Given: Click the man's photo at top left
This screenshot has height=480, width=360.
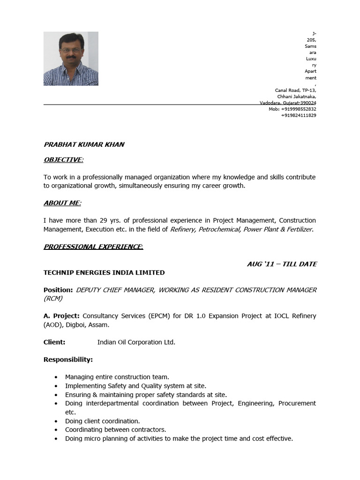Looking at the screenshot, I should click(71, 59).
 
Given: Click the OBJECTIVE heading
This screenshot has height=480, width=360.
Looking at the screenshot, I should click(63, 160).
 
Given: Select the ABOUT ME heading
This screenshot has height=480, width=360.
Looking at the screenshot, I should click(62, 203).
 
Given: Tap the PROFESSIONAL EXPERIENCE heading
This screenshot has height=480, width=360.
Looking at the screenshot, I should click(93, 247).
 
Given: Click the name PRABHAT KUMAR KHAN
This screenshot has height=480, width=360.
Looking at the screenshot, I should click(84, 144).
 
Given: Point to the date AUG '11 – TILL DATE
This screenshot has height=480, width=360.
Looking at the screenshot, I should click(282, 264).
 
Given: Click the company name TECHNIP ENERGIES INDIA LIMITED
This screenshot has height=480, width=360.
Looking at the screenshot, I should click(104, 272).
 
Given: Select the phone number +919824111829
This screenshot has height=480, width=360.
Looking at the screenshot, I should click(299, 115).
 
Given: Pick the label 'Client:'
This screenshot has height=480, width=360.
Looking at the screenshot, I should click(54, 342).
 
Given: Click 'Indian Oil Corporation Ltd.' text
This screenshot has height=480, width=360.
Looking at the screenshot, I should click(136, 342).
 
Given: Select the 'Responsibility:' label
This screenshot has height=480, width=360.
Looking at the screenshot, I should click(68, 360).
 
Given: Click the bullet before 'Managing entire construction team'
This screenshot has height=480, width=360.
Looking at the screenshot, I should click(56, 377).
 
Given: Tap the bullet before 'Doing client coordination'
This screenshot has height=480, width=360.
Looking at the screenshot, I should click(56, 421).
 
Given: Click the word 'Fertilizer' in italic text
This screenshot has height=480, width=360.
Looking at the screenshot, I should click(297, 229).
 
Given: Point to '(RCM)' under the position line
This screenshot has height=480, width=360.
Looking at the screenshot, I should click(53, 298).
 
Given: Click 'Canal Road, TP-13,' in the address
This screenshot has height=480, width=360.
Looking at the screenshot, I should click(295, 90).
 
